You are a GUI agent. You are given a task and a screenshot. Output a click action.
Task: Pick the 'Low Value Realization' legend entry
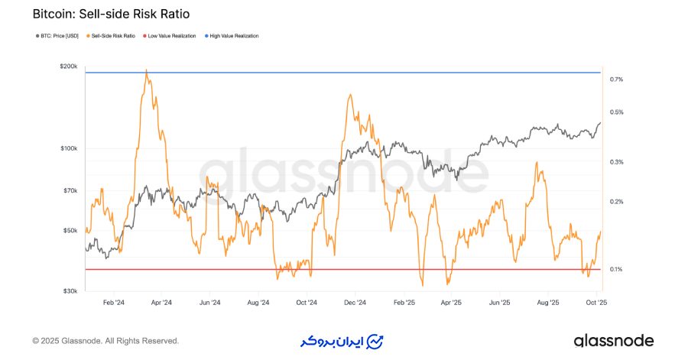(171, 36)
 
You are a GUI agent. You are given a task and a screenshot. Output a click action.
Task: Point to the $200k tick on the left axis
(69, 66)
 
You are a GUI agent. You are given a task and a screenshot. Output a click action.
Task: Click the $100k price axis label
(69, 148)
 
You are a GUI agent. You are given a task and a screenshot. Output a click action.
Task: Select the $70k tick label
(70, 190)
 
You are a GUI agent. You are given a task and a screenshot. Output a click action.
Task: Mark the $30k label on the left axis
(70, 291)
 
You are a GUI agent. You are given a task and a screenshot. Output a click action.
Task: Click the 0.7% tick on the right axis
(617, 79)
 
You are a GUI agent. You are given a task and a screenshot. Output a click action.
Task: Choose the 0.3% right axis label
(617, 162)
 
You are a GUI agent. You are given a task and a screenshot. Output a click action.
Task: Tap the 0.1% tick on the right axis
(617, 269)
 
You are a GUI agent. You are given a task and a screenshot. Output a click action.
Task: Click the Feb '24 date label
(114, 303)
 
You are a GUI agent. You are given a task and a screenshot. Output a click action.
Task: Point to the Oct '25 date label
(596, 303)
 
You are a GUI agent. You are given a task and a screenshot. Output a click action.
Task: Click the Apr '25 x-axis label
(452, 303)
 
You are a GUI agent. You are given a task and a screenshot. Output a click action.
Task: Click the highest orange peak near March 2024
(146, 71)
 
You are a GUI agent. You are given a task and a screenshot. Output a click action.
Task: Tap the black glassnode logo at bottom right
(614, 340)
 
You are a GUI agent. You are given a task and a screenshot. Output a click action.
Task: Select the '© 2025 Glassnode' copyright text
(105, 341)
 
